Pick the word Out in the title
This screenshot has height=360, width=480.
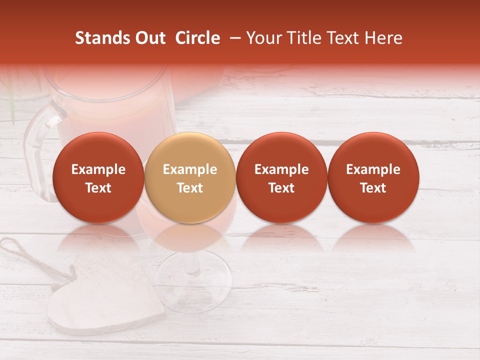click(149, 38)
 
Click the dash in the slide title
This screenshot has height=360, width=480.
click(233, 38)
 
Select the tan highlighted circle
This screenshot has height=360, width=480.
click(190, 177)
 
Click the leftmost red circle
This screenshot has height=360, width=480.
click(98, 177)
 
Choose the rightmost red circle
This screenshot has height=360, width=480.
click(373, 177)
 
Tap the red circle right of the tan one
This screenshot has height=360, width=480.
click(281, 177)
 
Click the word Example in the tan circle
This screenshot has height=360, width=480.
click(190, 169)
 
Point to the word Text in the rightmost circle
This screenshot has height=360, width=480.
click(373, 188)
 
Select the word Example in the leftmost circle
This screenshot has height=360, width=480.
click(98, 169)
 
